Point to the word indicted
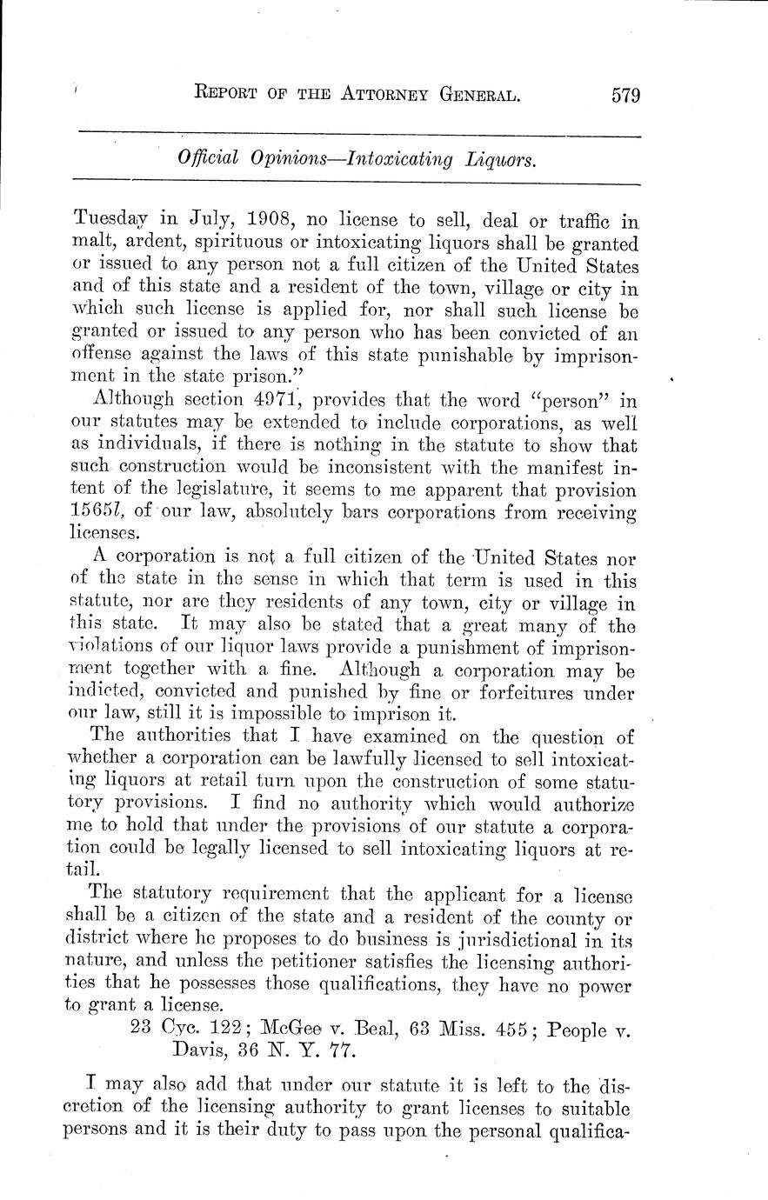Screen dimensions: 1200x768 [104, 693]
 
